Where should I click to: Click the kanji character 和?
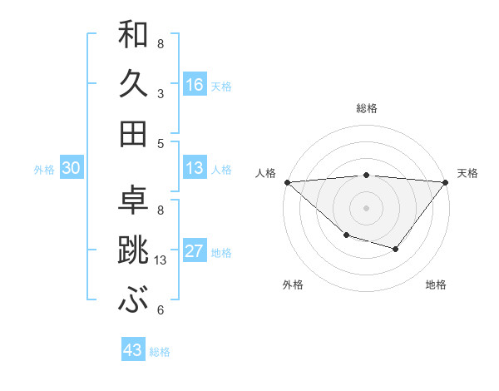(133, 35)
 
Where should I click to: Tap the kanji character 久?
(133, 84)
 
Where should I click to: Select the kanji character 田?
(133, 133)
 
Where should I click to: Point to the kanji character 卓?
(133, 200)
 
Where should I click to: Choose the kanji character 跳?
(133, 250)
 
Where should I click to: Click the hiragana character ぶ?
(133, 300)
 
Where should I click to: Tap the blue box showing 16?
(195, 84)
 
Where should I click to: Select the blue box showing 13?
(195, 168)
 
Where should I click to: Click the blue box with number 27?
(195, 251)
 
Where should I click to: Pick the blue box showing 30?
(71, 168)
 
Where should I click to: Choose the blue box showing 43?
(133, 350)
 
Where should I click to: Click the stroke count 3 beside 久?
(160, 94)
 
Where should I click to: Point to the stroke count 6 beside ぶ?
(160, 310)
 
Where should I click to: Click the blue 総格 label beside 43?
(161, 352)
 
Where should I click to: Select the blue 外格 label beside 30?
(44, 170)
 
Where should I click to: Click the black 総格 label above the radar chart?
(367, 108)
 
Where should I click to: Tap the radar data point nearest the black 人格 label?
(287, 182)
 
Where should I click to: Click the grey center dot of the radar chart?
(367, 207)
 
